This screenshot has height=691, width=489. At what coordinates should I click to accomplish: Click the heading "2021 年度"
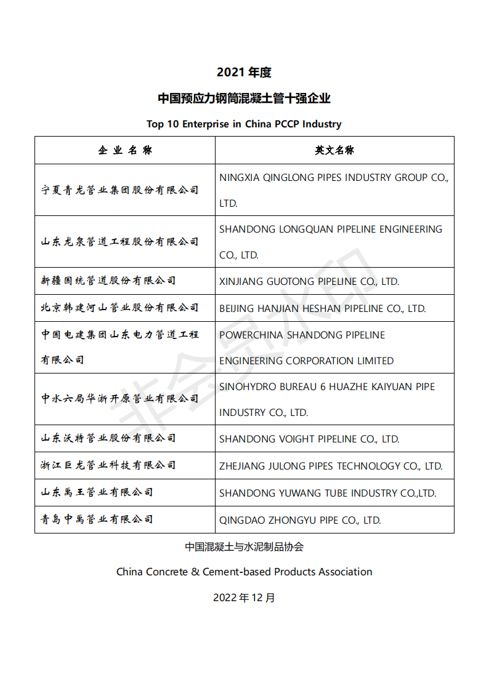click(244, 72)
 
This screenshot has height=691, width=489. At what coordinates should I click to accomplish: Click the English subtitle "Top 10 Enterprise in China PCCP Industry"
click(244, 124)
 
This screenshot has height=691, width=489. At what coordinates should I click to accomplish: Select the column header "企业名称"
click(125, 150)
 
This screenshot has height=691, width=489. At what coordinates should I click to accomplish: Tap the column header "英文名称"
click(334, 150)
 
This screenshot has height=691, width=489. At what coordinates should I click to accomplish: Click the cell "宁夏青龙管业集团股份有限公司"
click(120, 190)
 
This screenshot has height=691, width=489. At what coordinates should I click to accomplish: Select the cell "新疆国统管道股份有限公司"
click(108, 281)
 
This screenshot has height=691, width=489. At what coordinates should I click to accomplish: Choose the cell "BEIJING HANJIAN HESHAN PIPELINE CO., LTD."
click(322, 308)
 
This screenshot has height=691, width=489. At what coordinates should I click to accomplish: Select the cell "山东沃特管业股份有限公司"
click(108, 438)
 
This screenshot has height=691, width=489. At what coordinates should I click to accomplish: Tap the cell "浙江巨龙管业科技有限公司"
click(108, 465)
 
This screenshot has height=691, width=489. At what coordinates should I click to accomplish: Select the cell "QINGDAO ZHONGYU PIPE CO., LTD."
click(300, 520)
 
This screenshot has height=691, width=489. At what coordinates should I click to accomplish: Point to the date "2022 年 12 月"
click(244, 597)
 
